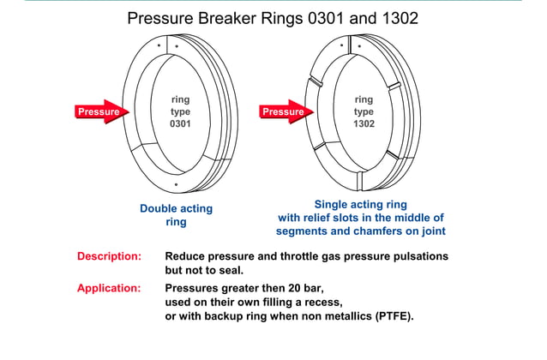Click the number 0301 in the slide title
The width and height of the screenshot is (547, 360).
tap(317, 18)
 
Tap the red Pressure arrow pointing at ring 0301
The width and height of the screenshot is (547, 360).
tap(100, 111)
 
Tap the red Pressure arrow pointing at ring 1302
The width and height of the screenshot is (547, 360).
tap(285, 111)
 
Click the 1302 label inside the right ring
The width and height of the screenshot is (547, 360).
tap(364, 124)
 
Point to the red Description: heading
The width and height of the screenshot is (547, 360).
tap(109, 256)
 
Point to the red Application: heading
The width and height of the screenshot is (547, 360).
tap(109, 288)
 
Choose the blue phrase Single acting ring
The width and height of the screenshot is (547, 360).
tap(360, 204)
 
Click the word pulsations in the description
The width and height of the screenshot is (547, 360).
tap(419, 256)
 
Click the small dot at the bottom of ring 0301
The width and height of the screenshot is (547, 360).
tap(175, 184)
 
